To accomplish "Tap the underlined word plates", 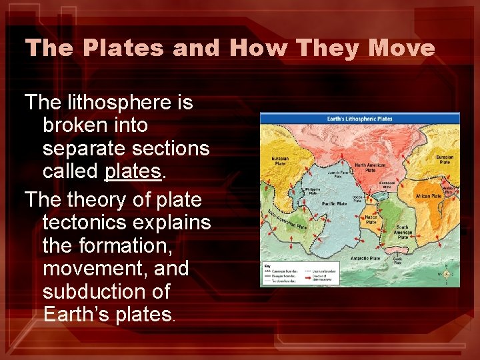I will click(133, 171).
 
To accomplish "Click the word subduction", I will click(106, 292).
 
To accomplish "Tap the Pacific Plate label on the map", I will click(333, 203).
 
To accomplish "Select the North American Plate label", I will click(369, 167).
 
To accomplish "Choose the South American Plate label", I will click(402, 231).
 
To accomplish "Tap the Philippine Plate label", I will click(312, 191).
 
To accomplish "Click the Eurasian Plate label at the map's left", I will click(279, 161).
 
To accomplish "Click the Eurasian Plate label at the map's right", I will click(445, 159).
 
